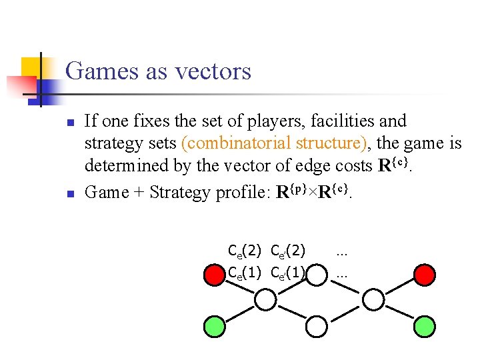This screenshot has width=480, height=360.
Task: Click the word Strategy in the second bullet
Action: (x=180, y=193)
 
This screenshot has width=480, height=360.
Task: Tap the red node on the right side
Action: (x=424, y=274)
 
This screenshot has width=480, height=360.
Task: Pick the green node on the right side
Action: (x=424, y=326)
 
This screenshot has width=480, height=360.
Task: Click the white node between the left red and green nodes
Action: (x=265, y=300)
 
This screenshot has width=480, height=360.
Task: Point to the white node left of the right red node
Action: (x=373, y=300)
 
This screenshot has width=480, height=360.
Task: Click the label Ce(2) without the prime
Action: (x=244, y=251)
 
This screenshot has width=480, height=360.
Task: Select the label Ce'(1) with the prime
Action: (x=288, y=272)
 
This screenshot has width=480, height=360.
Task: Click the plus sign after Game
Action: (x=139, y=193)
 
